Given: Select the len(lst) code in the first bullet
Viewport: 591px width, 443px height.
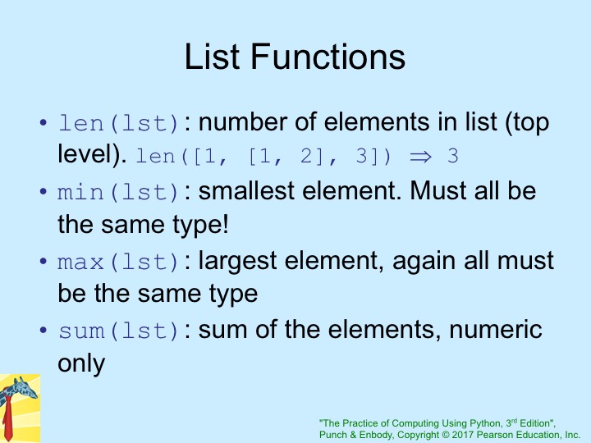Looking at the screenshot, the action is coord(118,123).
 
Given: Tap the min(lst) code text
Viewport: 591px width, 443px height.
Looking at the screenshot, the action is coord(118,192).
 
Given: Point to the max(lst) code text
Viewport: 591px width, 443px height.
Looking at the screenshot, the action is coord(118,262).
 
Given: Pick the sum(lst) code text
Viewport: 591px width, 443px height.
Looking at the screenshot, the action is coord(118,331).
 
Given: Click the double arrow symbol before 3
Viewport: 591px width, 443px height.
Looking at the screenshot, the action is coord(420,157).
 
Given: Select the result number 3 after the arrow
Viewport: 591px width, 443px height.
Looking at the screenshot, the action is coord(452,156).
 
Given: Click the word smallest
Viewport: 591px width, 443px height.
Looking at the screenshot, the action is coord(246,190).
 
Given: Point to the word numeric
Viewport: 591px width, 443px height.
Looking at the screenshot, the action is coord(496,330).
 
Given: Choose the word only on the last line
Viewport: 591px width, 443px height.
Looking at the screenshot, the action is coord(81,364).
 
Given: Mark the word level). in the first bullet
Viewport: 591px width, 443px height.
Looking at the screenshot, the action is coord(92,154).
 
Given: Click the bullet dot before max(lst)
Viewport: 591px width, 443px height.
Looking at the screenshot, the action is coord(44,261).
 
